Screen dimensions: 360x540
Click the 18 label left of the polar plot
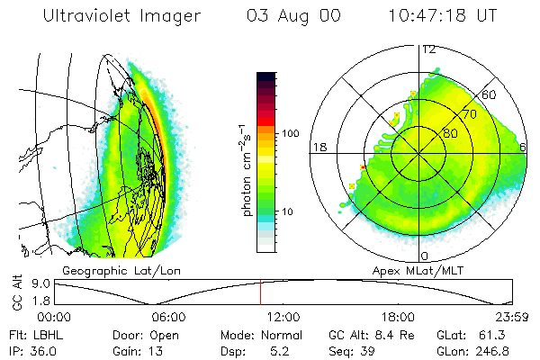pyautogui.click(x=319, y=146)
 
